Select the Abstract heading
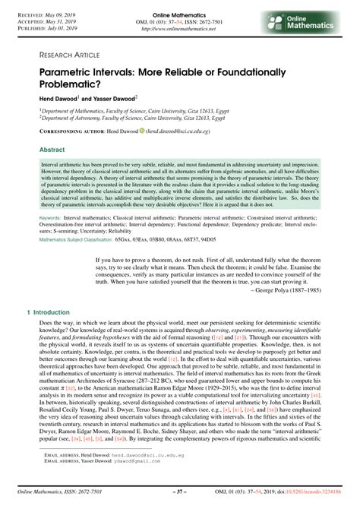tap(52, 150)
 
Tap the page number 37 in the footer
tap(180, 498)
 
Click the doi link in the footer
tap(313, 498)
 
